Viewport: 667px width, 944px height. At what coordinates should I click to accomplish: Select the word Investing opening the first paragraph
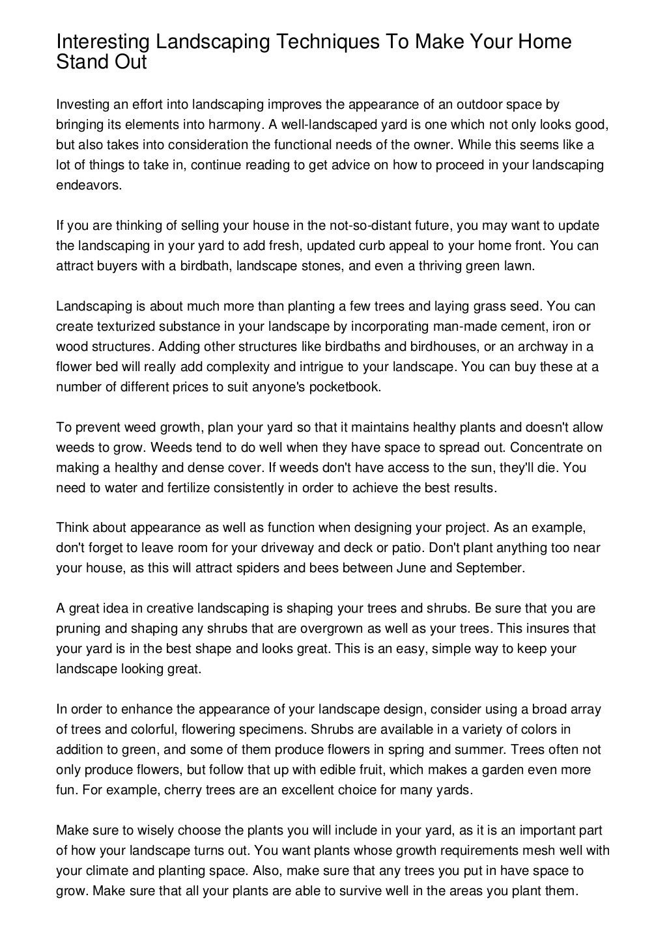pyautogui.click(x=81, y=104)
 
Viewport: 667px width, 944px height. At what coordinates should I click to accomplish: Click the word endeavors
pyautogui.click(x=89, y=185)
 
